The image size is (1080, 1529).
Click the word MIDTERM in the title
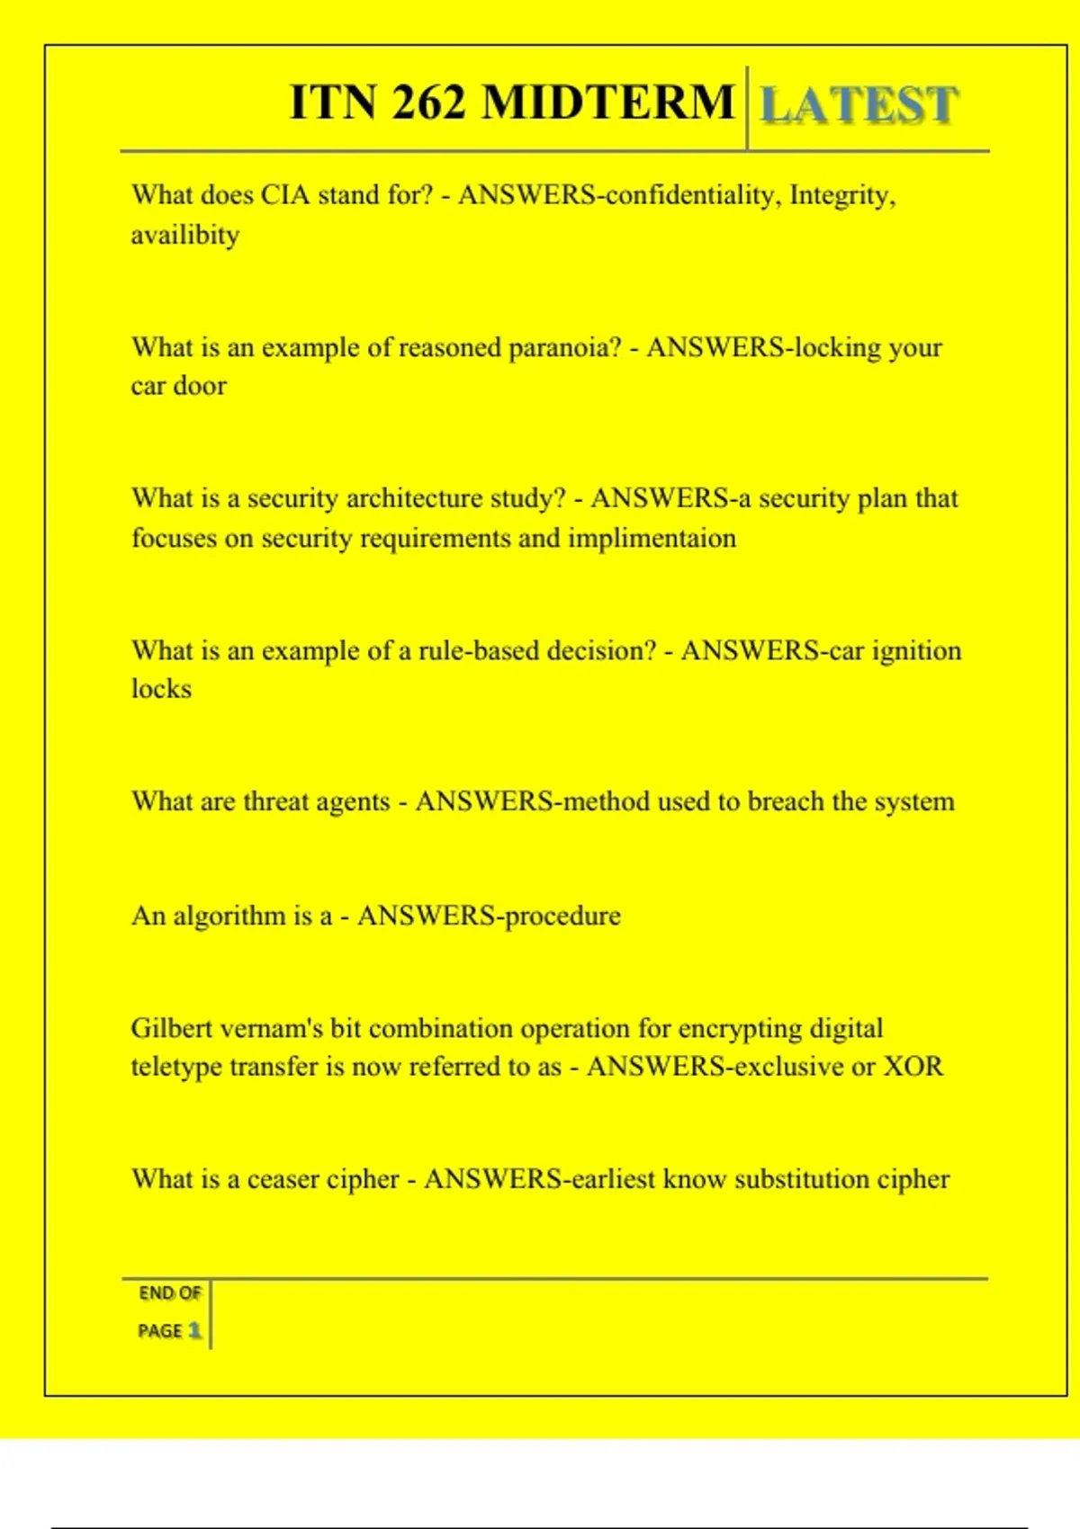(608, 102)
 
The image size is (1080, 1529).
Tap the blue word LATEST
(859, 105)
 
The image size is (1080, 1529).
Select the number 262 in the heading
(429, 102)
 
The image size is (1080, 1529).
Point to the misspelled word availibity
(185, 236)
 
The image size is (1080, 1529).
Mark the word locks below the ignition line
(162, 689)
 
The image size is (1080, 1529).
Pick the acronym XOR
(913, 1067)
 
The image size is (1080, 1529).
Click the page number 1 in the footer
(194, 1330)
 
